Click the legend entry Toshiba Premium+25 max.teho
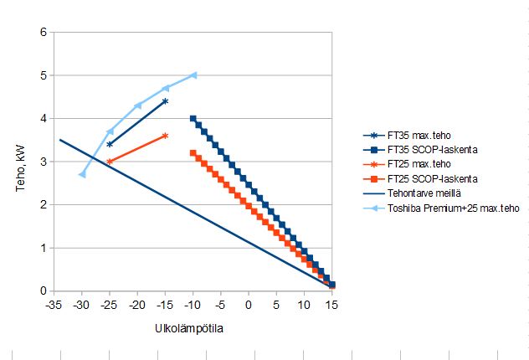tap(444, 209)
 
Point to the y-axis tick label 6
tap(42, 33)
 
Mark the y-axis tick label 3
tap(42, 162)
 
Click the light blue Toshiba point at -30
tap(82, 174)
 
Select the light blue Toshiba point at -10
tap(193, 75)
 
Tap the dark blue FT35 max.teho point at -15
tap(165, 101)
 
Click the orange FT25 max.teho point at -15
tap(165, 136)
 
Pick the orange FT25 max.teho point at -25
tap(110, 162)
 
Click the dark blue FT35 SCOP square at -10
tap(193, 119)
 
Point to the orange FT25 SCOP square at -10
tap(193, 153)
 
